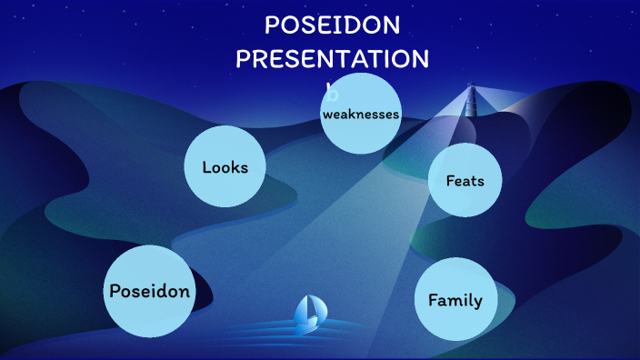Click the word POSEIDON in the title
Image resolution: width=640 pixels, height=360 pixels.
tap(333, 26)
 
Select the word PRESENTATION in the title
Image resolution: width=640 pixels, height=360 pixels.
tap(333, 59)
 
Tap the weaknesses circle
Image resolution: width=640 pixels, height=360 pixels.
tap(361, 113)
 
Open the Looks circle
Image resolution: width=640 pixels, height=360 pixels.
tap(225, 167)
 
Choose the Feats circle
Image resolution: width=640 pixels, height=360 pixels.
tap(465, 180)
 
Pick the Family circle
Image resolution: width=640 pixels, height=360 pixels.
tap(455, 299)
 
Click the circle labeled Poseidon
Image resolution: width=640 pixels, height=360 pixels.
tap(149, 291)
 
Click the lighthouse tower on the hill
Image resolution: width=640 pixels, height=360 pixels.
tap(471, 102)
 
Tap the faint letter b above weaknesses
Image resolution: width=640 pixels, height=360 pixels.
tap(333, 93)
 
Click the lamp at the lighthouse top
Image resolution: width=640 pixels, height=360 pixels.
tap(471, 89)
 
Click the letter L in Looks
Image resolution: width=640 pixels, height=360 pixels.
tap(206, 167)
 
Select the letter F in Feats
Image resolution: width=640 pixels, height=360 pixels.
tap(450, 180)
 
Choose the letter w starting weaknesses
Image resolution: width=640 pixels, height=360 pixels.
tap(327, 114)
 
